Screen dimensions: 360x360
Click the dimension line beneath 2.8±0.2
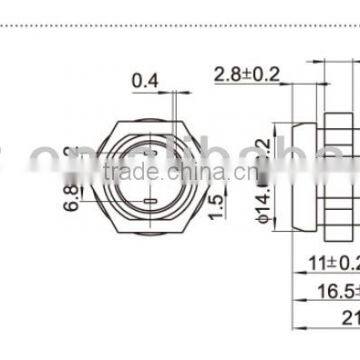coord(250,84)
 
